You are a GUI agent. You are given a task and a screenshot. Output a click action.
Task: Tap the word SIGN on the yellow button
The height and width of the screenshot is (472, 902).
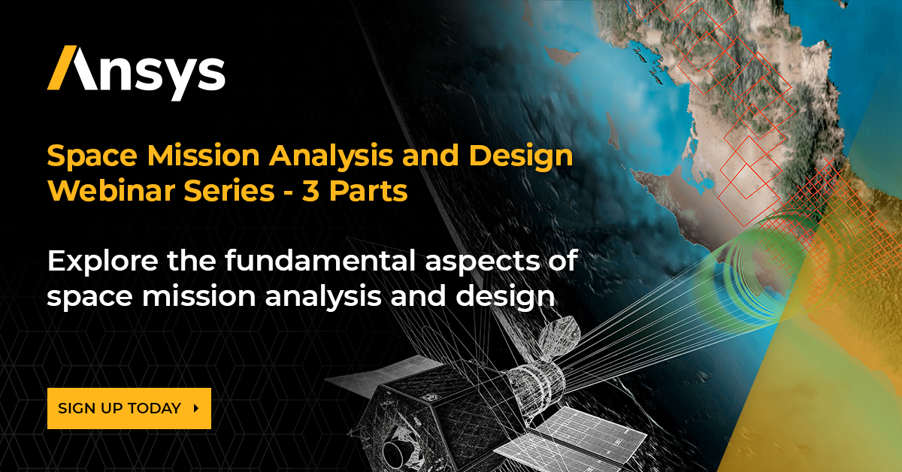[77, 408]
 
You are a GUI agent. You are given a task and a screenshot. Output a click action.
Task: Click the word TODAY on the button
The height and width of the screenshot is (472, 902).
[154, 408]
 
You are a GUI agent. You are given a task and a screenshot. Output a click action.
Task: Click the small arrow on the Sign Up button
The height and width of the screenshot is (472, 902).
[196, 408]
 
